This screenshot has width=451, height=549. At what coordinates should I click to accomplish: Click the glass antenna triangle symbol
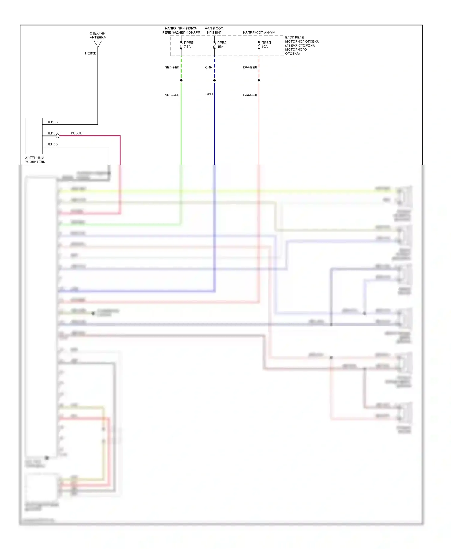pyautogui.click(x=98, y=44)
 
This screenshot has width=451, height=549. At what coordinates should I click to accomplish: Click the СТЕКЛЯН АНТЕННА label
pyautogui.click(x=98, y=35)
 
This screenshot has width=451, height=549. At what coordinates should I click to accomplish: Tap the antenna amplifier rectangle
pyautogui.click(x=34, y=136)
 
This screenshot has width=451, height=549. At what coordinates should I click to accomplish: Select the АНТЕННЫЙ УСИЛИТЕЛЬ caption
pyautogui.click(x=35, y=160)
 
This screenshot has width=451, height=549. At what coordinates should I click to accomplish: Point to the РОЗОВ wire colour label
pyautogui.click(x=76, y=133)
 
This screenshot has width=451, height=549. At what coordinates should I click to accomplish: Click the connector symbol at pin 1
pyautogui.click(x=58, y=136)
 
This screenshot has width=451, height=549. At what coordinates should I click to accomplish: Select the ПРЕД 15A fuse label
pyautogui.click(x=222, y=45)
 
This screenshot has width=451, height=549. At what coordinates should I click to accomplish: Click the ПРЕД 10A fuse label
pyautogui.click(x=266, y=45)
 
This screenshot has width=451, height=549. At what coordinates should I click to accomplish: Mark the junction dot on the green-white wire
pyautogui.click(x=181, y=80)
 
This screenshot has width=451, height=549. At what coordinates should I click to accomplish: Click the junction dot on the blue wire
pyautogui.click(x=214, y=80)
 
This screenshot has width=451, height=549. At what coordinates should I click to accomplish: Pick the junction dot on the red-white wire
pyautogui.click(x=259, y=80)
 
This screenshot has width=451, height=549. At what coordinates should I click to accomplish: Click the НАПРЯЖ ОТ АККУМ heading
pyautogui.click(x=259, y=32)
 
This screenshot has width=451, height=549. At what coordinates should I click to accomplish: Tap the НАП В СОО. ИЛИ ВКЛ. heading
pyautogui.click(x=214, y=30)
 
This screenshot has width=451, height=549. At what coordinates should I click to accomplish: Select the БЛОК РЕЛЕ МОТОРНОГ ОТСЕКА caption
pyautogui.click(x=301, y=45)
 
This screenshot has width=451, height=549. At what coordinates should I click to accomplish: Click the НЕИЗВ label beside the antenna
pyautogui.click(x=91, y=53)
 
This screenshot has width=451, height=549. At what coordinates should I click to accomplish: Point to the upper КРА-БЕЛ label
pyautogui.click(x=250, y=68)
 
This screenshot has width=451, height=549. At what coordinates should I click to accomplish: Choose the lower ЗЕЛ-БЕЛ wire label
pyautogui.click(x=172, y=95)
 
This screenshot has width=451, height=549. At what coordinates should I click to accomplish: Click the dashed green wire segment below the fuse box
pyautogui.click(x=181, y=68)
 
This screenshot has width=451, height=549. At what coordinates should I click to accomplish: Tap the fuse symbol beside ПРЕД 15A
pyautogui.click(x=214, y=45)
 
